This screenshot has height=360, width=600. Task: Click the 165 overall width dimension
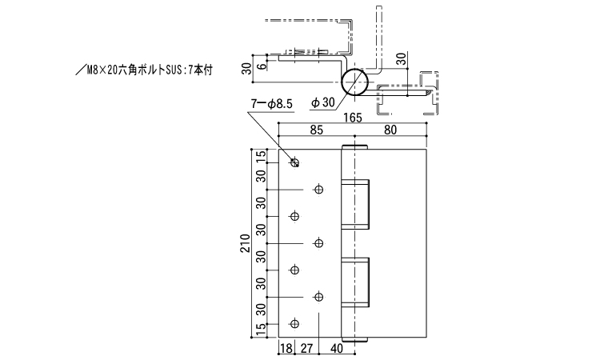[x=353, y=118]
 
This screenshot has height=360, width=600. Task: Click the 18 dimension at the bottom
[x=286, y=348]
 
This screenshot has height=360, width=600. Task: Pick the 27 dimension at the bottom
[x=306, y=348]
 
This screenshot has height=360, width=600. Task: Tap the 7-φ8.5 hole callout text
[x=272, y=103]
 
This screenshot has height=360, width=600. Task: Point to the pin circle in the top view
[x=354, y=82]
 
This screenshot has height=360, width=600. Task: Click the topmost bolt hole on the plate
[x=294, y=163]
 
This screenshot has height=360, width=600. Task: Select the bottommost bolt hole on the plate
[x=294, y=324]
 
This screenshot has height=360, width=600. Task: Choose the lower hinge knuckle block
[x=356, y=282]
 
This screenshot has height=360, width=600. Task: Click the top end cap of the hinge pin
[x=355, y=148]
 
